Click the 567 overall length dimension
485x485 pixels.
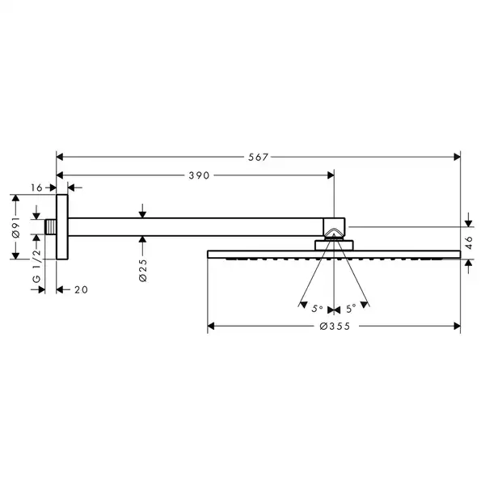[x=258, y=157]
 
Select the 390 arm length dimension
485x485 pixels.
[x=199, y=175]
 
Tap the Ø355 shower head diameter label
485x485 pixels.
[x=335, y=326]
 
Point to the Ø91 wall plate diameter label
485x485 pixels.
[x=16, y=227]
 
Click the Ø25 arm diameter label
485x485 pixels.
[x=143, y=270]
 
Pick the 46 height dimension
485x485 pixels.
[x=469, y=242]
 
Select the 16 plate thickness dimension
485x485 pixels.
[x=36, y=188]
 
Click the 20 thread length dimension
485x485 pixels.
[x=81, y=290]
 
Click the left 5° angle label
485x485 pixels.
[x=318, y=309]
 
